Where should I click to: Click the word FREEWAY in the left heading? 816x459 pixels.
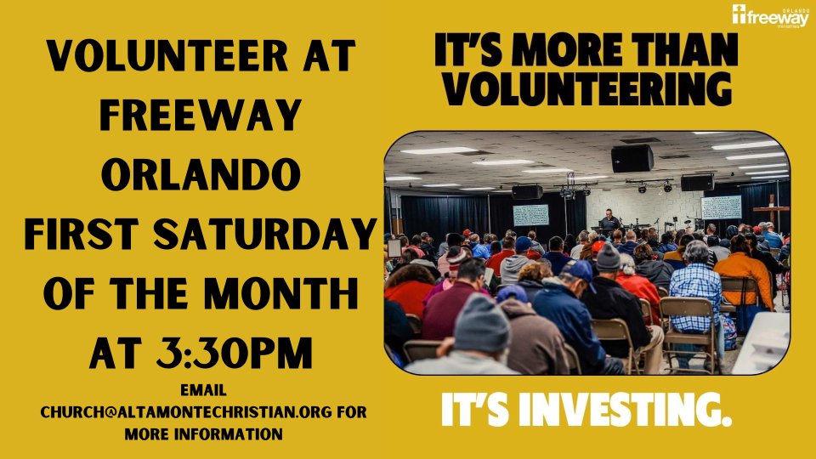(201, 115)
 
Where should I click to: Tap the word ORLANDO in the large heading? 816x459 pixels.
(201, 174)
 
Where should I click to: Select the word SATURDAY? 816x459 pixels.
(265, 235)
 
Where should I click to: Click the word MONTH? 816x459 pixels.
(280, 294)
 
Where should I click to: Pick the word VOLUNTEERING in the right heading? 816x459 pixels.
(586, 88)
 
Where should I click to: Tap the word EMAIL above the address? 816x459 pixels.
(203, 390)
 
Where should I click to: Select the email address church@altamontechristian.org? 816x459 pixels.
(186, 411)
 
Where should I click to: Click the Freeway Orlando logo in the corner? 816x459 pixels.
(771, 16)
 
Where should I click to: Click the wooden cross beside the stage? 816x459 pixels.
(772, 210)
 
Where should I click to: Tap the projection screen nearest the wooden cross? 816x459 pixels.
(721, 207)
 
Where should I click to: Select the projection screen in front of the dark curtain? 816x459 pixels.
(530, 215)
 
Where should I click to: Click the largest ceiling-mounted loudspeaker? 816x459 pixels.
(632, 158)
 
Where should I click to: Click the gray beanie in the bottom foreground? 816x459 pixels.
(481, 323)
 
